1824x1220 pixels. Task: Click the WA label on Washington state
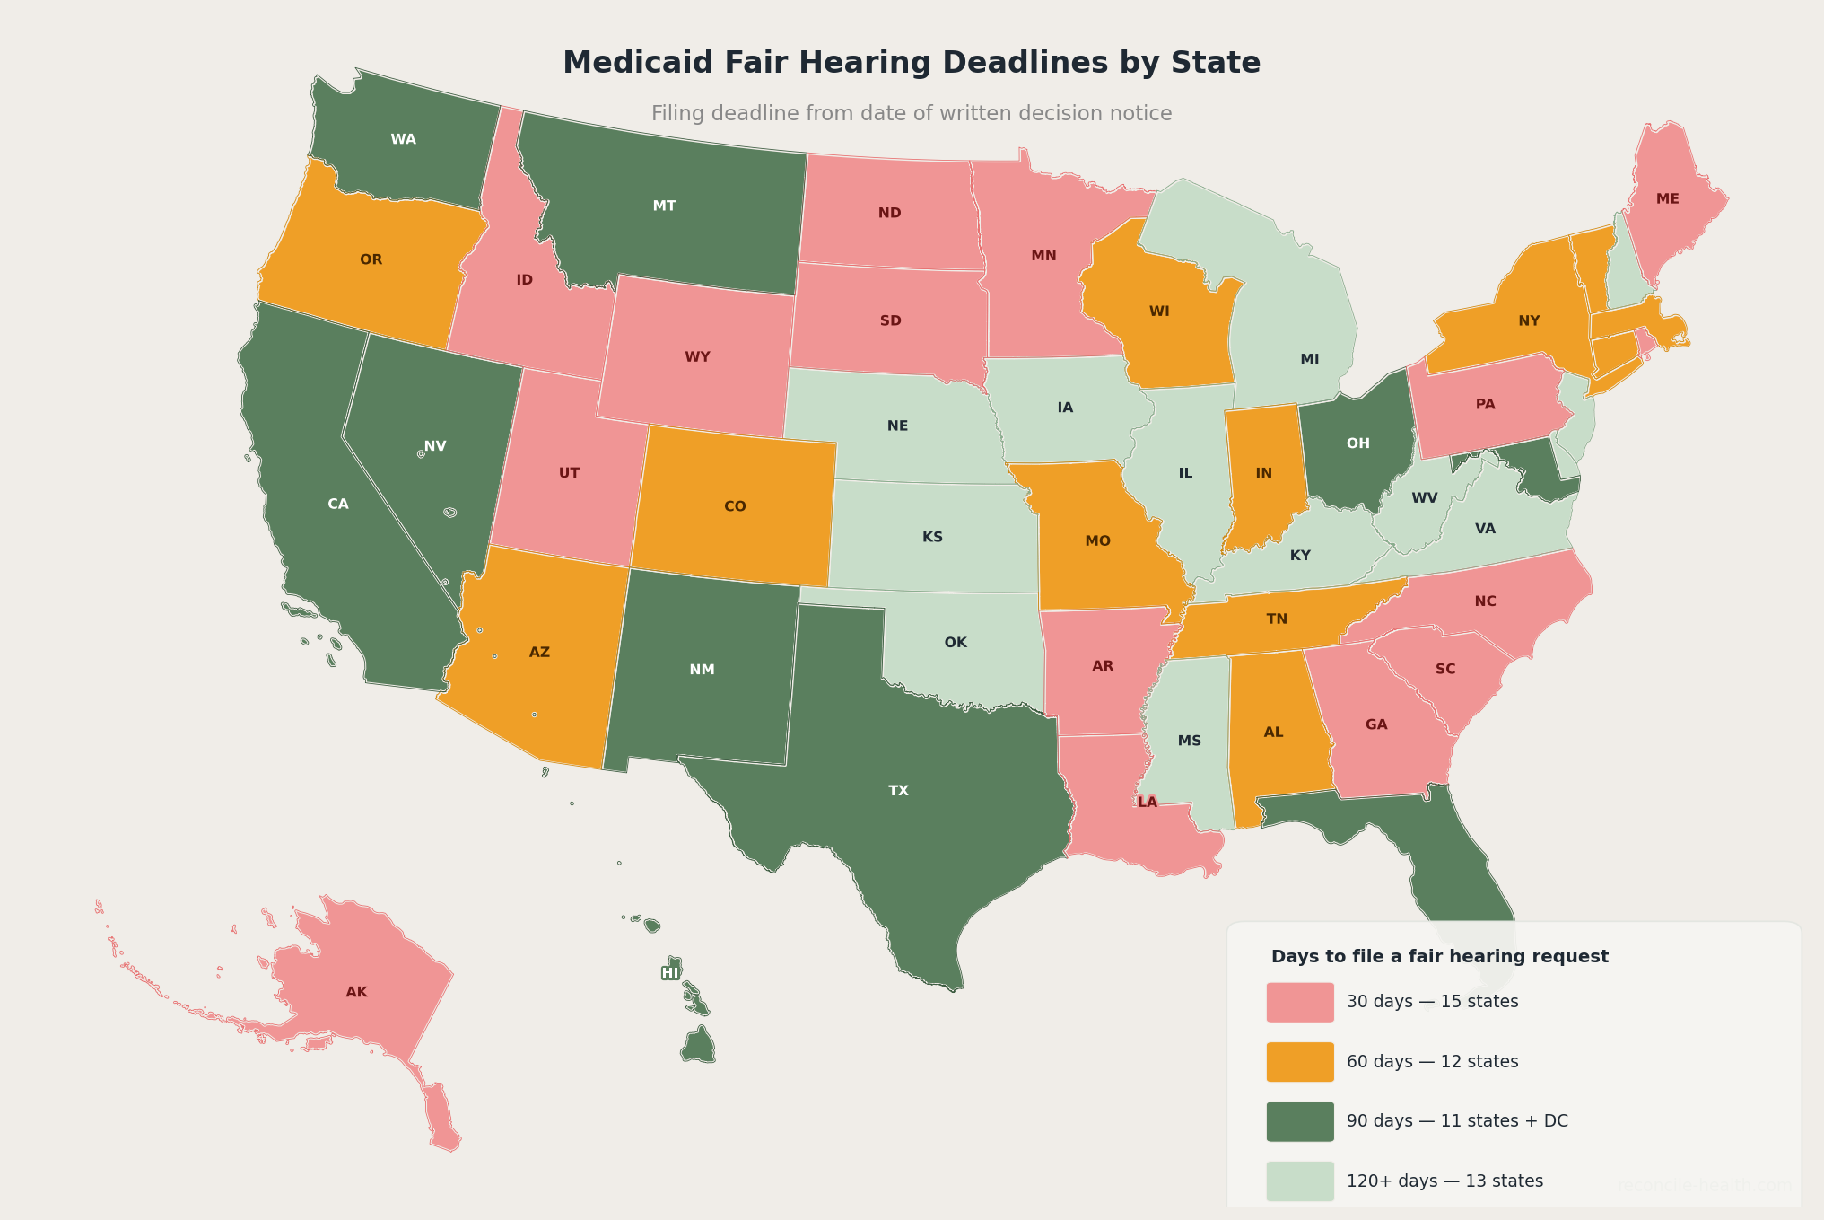pos(403,139)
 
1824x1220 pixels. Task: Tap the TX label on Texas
pos(898,791)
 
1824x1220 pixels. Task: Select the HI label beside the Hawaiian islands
pos(670,973)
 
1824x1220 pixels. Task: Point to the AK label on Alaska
pos(356,992)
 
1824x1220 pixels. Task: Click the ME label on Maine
pos(1667,199)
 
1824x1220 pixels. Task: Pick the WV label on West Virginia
pos(1424,497)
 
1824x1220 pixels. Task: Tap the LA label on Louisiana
pos(1148,803)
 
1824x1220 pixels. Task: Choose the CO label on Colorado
pos(734,506)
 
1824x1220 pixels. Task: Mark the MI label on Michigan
pos(1309,359)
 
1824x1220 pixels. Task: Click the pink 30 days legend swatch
pos(1299,1002)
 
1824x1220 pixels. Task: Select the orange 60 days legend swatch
pos(1299,1062)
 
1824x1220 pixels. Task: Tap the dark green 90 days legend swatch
pos(1299,1121)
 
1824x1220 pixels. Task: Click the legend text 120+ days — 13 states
pos(1444,1181)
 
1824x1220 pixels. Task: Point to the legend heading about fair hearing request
pos(1439,957)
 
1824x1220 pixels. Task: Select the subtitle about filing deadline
pos(911,114)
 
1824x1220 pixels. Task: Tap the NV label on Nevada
pos(435,446)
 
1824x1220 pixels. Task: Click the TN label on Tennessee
pos(1276,619)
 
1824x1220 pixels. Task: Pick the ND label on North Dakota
pos(889,214)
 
